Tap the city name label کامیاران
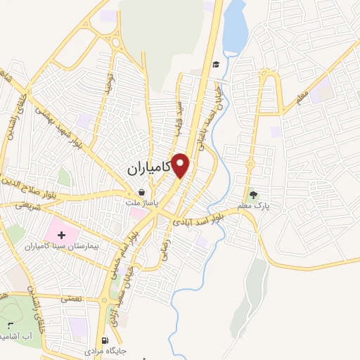(149, 169)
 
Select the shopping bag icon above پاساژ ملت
(141, 192)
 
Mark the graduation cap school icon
(217, 64)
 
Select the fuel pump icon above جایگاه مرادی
(105, 339)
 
